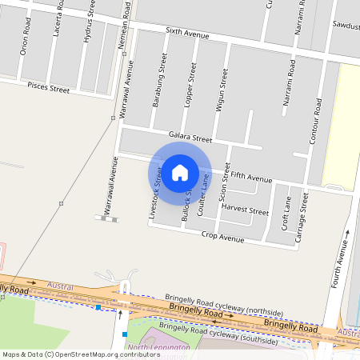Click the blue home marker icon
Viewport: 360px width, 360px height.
coord(180,171)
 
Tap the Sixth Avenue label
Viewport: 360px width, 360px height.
coord(187,35)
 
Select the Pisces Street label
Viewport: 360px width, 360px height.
coord(49,86)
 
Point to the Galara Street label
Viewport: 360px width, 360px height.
coord(190,138)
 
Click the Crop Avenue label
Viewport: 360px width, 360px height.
coord(223,238)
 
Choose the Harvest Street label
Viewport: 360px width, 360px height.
coord(245,212)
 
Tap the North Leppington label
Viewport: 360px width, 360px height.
coord(159,348)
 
